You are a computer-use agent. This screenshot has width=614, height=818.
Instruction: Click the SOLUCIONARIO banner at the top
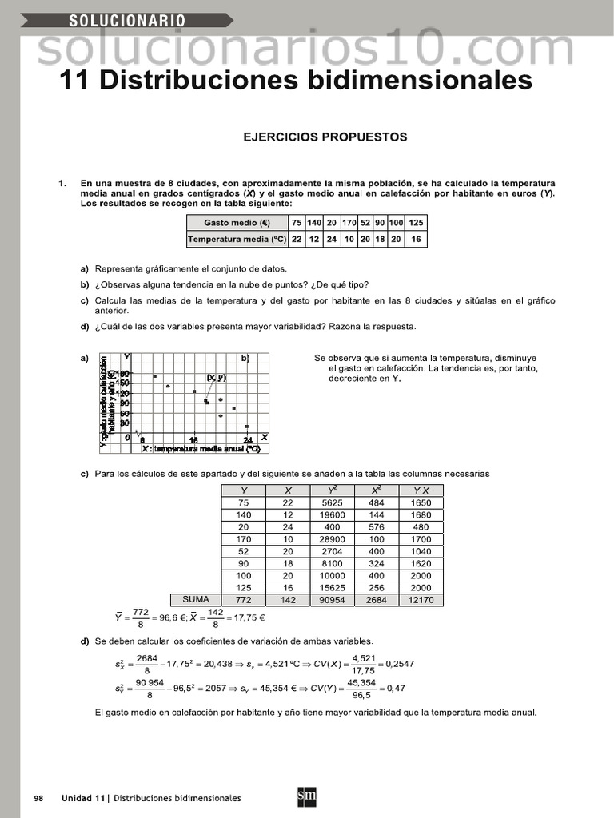(x=128, y=21)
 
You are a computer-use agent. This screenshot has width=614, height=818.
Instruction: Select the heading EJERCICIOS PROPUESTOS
(x=325, y=137)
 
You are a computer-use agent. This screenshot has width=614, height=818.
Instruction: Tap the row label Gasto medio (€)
(x=237, y=223)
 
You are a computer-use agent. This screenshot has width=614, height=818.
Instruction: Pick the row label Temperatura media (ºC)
(x=237, y=239)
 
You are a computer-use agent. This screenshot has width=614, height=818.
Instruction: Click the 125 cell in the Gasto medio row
(x=416, y=223)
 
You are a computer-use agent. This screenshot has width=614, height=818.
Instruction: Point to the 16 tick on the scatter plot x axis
(x=193, y=440)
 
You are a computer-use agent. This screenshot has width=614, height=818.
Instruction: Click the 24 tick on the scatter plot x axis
(x=248, y=440)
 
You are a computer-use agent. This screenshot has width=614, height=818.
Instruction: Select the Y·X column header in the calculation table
(x=421, y=490)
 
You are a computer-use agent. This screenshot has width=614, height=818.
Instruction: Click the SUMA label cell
(x=196, y=599)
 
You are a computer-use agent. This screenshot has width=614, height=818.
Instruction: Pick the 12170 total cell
(x=421, y=600)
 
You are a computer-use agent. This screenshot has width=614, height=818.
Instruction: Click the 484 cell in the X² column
(x=376, y=502)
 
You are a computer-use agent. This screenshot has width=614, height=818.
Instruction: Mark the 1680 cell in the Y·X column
(x=421, y=515)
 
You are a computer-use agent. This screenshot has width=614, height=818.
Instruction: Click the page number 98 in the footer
(x=38, y=798)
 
